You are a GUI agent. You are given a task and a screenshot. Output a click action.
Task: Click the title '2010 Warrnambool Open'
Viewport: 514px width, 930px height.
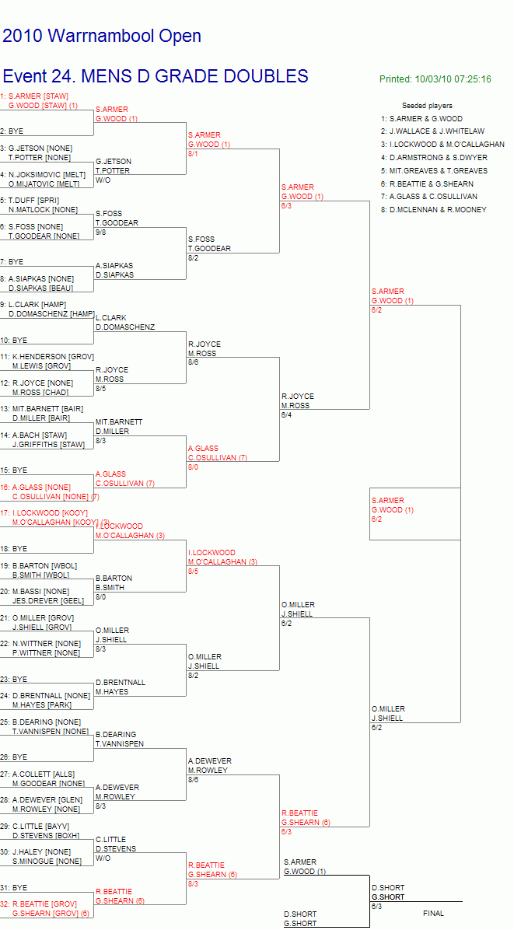[102, 37]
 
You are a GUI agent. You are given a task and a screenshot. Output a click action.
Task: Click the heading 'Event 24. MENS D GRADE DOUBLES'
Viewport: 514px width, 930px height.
[156, 76]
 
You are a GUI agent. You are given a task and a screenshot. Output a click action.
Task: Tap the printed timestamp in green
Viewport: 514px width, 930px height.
[435, 79]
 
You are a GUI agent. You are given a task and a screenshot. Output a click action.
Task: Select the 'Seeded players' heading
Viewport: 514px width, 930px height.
[427, 106]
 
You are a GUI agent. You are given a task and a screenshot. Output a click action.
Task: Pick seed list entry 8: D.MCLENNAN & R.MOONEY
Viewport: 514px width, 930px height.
[434, 209]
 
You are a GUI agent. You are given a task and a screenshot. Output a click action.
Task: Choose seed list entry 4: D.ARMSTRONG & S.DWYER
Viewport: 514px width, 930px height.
[435, 158]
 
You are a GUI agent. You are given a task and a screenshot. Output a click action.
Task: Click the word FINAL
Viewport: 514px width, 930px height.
[433, 914]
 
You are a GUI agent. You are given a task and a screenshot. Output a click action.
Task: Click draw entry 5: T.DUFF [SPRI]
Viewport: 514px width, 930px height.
[30, 201]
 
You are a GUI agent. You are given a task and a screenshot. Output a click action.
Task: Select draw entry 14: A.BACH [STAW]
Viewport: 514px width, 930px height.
[33, 435]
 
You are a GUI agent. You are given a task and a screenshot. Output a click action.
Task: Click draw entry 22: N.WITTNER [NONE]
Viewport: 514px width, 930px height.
[40, 644]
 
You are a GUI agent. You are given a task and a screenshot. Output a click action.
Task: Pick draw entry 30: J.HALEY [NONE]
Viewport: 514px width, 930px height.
[37, 851]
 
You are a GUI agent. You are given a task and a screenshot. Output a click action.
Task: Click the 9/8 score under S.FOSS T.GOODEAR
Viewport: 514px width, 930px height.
[100, 232]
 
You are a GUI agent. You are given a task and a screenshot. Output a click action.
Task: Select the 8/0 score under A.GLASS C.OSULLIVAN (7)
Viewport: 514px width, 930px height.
[193, 467]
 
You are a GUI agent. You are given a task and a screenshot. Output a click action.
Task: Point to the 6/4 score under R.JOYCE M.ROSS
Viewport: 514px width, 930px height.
[286, 415]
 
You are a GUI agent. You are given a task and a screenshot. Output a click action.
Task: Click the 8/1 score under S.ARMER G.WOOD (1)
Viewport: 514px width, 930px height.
[193, 154]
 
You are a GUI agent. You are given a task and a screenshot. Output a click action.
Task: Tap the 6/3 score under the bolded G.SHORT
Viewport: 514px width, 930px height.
[376, 906]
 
